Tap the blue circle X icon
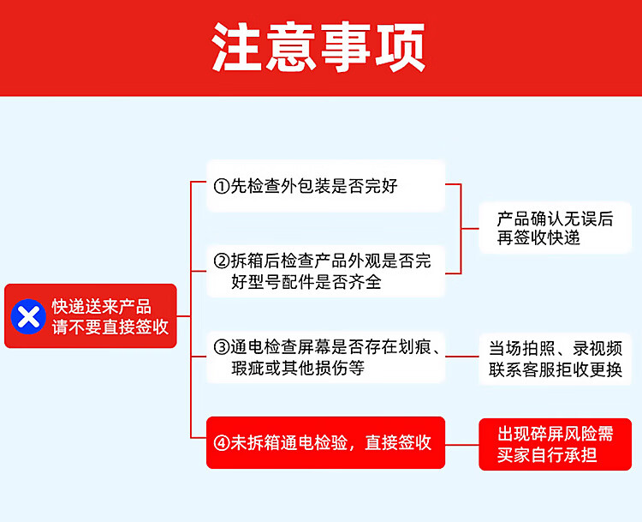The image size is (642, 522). click(28, 316)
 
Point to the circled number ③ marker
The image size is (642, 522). click(221, 347)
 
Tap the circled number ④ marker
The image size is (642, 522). click(221, 443)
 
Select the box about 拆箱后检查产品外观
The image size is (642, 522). click(325, 271)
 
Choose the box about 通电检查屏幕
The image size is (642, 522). click(325, 357)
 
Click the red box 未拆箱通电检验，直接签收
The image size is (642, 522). click(325, 443)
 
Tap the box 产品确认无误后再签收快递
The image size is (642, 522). click(555, 228)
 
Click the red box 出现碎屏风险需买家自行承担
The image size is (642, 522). click(555, 444)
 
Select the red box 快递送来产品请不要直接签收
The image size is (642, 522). click(91, 316)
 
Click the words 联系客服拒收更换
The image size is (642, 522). click(555, 370)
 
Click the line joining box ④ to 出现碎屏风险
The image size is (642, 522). click(462, 444)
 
